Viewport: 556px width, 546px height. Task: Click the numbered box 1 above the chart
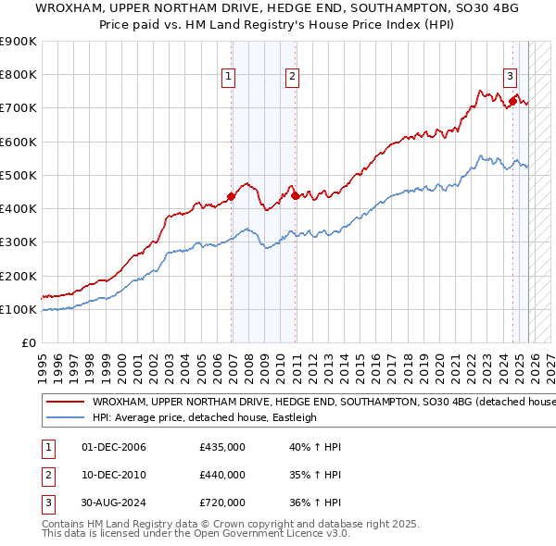click(228, 77)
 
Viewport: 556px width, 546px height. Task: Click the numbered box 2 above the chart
click(292, 77)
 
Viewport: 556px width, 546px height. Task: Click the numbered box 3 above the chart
click(510, 77)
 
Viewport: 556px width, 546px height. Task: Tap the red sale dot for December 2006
click(231, 196)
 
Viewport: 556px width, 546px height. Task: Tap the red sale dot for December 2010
click(295, 194)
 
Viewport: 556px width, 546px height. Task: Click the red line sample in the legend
click(66, 403)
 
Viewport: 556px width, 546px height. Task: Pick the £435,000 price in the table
click(222, 447)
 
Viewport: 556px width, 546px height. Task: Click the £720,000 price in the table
click(222, 503)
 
